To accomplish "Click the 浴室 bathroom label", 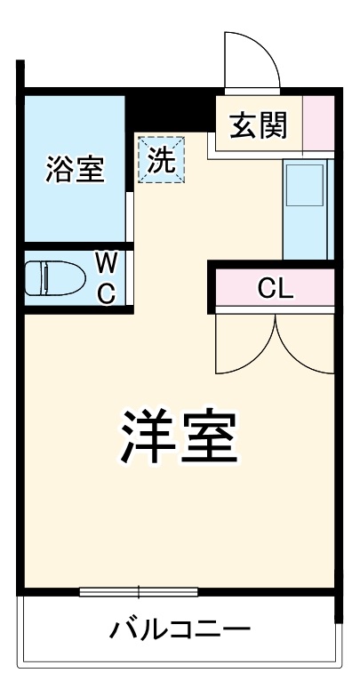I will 76,169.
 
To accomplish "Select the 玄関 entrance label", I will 259,125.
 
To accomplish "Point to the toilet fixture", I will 48,277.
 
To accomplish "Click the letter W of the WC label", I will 106,262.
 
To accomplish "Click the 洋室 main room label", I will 179,435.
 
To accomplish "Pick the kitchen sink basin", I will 307,188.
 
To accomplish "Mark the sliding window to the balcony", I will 137,591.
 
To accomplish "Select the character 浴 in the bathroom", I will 60,169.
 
